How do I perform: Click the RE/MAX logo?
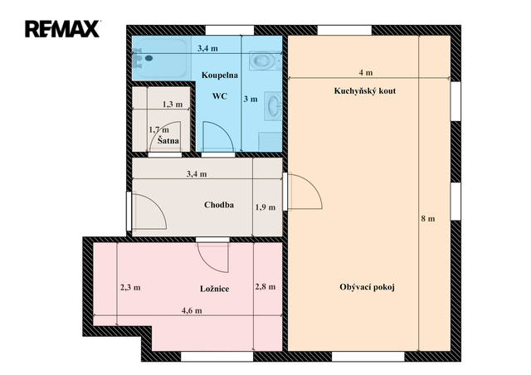click(x=63, y=29)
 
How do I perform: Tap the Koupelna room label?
click(x=219, y=75)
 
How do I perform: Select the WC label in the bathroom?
click(x=219, y=96)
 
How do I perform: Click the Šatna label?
click(x=168, y=140)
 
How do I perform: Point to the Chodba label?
click(x=219, y=205)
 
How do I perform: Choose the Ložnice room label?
click(x=215, y=289)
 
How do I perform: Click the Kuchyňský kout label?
click(x=365, y=90)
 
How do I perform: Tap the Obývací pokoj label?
click(x=367, y=287)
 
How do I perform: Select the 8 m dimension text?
click(x=428, y=219)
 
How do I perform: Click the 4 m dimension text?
click(x=366, y=72)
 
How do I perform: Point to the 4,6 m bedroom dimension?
click(x=192, y=310)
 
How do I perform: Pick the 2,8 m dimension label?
click(x=265, y=287)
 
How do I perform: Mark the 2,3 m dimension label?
click(x=130, y=288)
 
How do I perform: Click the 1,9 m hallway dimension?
click(x=265, y=207)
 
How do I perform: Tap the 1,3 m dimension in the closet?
click(x=173, y=105)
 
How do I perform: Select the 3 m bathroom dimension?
click(x=251, y=100)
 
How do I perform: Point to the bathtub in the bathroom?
click(x=160, y=57)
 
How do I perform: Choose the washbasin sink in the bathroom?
click(x=273, y=105)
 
